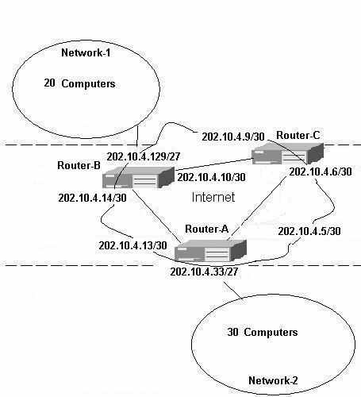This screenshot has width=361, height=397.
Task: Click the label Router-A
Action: click(x=206, y=229)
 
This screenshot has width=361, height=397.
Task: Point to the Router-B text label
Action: click(x=79, y=166)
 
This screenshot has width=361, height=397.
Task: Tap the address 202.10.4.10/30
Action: click(x=211, y=177)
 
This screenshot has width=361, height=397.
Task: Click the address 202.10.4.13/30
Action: click(x=132, y=245)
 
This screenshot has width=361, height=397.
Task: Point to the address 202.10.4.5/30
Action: click(x=309, y=231)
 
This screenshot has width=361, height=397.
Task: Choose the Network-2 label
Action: click(x=273, y=380)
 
